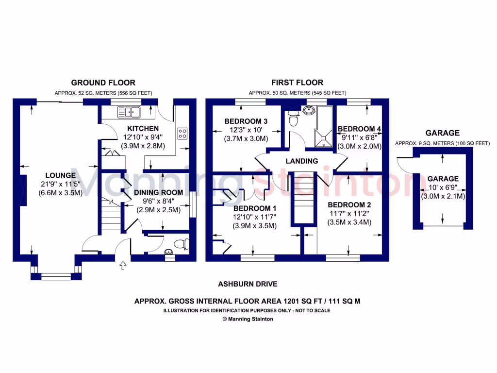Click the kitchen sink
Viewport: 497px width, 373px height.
(x=129, y=113)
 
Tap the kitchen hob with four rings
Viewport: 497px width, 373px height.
(x=183, y=133)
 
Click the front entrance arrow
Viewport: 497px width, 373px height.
(x=122, y=265)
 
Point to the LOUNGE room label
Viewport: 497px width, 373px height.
(x=61, y=175)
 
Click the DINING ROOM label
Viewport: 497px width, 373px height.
(x=158, y=192)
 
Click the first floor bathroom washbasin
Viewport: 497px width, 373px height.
(x=307, y=110)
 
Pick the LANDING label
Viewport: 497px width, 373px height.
(x=301, y=161)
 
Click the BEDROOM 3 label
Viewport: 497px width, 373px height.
(x=246, y=121)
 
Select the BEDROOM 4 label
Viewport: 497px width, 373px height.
(x=360, y=129)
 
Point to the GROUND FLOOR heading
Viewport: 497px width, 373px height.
(x=103, y=83)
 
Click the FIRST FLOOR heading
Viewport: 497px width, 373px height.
(x=297, y=83)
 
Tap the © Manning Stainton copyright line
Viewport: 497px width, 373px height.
(x=248, y=319)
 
